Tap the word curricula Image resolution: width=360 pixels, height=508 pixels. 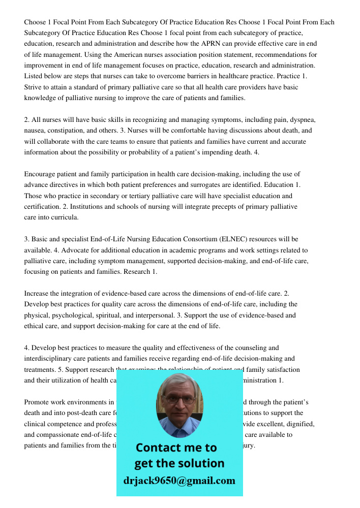[x=65, y=217]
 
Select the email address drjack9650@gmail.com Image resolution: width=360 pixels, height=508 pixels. [x=179, y=481]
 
